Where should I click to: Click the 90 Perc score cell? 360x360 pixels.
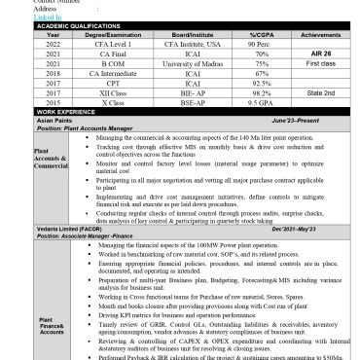point(258,45)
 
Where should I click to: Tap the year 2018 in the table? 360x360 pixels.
point(25,73)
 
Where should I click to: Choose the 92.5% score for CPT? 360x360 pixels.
point(259,83)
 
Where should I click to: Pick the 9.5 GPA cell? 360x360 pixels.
point(259,102)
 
